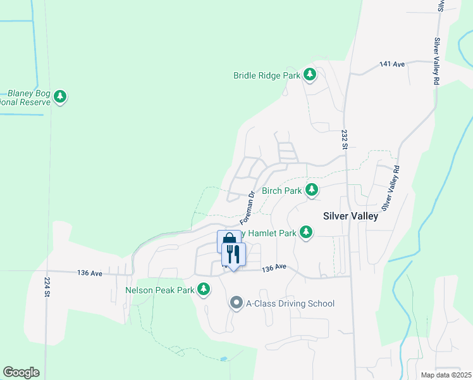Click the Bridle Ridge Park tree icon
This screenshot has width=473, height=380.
pos(310,75)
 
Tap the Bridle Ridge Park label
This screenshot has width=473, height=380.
pos(267,75)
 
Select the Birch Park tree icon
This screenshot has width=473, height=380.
pos(312,190)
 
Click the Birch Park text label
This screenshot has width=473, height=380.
pos(281,190)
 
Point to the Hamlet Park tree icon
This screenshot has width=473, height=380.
pos(306,232)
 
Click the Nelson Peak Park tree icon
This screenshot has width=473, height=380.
pos(204,290)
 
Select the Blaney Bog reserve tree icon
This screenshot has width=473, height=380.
pos(60,97)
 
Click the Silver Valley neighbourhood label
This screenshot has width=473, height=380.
pos(350,216)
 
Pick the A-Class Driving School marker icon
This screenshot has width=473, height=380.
pos(236,303)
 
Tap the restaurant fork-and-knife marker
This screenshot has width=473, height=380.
pos(233,255)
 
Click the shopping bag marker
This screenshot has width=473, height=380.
pos(227,241)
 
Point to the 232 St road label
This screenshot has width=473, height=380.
pos(345,140)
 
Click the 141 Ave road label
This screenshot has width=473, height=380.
pos(392,65)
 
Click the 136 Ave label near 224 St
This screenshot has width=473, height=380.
pos(90,273)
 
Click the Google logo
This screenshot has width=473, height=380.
pos(21,372)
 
